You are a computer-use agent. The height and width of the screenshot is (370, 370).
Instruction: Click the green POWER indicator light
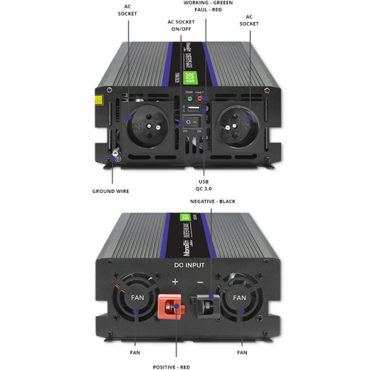pyautogui.click(x=190, y=99)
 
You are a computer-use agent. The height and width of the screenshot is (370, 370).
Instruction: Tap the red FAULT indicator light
pyautogui.click(x=200, y=99)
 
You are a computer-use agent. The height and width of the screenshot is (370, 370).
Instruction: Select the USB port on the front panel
pyautogui.click(x=193, y=109)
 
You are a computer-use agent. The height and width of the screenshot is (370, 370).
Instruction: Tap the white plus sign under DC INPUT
pyautogui.click(x=175, y=281)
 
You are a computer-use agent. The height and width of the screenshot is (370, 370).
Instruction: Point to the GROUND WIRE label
pyautogui.click(x=110, y=191)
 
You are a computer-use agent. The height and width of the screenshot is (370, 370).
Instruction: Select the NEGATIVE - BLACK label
pyautogui.click(x=212, y=202)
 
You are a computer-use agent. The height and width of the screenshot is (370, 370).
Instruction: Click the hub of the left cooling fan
pyautogui.click(x=138, y=298)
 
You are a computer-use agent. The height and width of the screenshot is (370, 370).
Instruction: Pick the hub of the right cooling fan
pyautogui.click(x=239, y=298)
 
